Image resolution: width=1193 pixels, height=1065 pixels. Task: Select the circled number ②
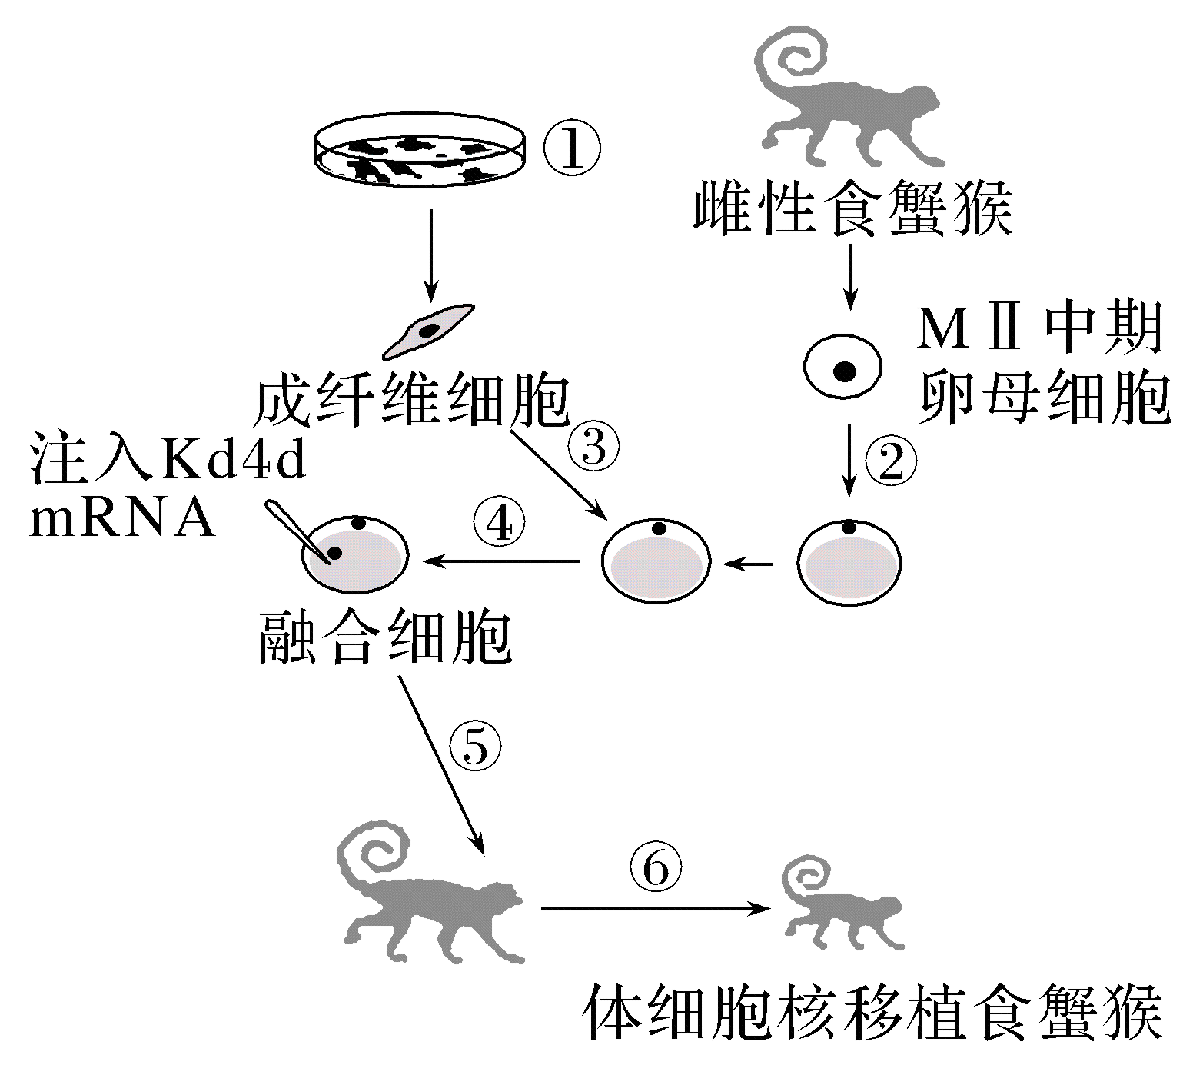[x=891, y=461]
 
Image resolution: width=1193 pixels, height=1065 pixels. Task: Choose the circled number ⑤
[x=475, y=745]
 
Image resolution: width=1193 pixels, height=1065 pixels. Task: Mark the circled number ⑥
[x=656, y=870]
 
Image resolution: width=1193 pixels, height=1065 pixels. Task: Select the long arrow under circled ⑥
[x=655, y=909]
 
